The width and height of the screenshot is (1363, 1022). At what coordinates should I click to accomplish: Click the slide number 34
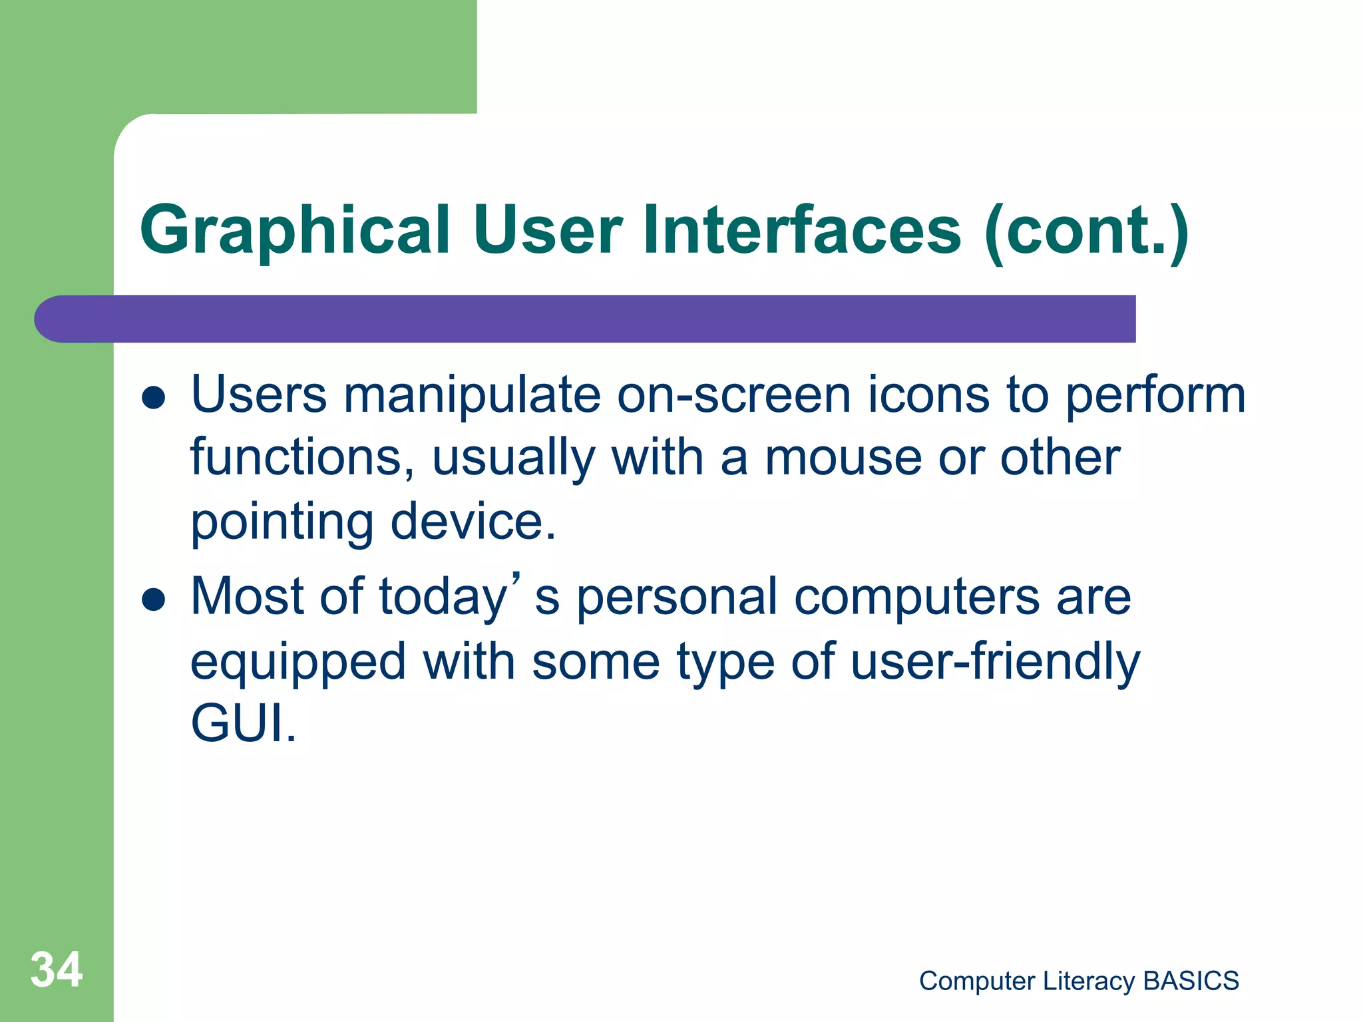click(x=57, y=969)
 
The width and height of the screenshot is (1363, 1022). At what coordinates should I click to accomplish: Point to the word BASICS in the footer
click(x=1191, y=981)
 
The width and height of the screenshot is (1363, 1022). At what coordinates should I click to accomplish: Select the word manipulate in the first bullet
click(x=472, y=395)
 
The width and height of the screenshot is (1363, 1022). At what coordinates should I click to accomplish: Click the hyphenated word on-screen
click(x=733, y=395)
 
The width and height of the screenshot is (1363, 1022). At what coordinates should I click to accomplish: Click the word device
click(x=473, y=522)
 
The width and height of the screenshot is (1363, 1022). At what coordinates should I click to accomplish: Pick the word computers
click(x=917, y=597)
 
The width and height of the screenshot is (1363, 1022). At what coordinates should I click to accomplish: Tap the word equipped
click(x=298, y=663)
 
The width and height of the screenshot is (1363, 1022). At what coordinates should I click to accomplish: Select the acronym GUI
click(x=242, y=723)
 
